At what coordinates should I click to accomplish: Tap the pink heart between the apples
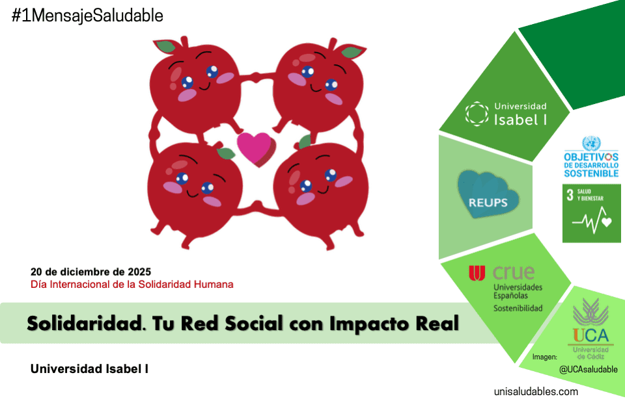[x=255, y=147]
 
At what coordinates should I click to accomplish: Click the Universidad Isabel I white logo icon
[x=477, y=113]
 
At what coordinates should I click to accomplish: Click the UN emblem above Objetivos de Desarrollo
[x=591, y=143]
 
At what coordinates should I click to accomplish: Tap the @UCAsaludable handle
[x=587, y=370]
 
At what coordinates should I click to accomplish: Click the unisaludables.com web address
[x=536, y=391]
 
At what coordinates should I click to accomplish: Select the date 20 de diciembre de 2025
[x=90, y=272]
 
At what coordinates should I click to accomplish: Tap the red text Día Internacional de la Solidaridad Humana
[x=132, y=285]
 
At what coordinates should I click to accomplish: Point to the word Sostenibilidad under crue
[x=518, y=308]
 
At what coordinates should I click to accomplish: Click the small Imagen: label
[x=544, y=357]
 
